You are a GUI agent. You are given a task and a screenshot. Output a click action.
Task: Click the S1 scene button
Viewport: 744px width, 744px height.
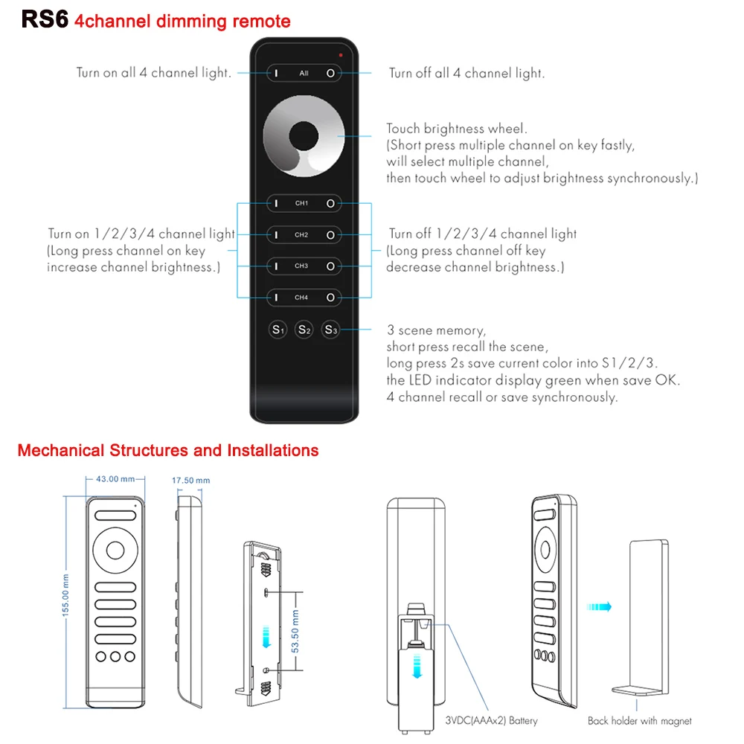pyautogui.click(x=278, y=330)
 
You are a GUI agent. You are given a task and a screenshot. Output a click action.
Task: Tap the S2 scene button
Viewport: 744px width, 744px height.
pyautogui.click(x=304, y=330)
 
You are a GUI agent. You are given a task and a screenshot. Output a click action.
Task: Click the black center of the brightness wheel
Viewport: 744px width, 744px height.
pyautogui.click(x=303, y=136)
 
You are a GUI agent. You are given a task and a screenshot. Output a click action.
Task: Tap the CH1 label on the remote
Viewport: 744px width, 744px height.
pyautogui.click(x=301, y=203)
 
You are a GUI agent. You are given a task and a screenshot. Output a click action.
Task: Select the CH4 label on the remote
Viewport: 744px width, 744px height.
pyautogui.click(x=301, y=298)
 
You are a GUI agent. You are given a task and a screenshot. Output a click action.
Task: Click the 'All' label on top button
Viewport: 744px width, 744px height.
pyautogui.click(x=304, y=74)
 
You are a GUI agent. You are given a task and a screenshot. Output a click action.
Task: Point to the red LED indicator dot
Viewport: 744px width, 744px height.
pyautogui.click(x=341, y=54)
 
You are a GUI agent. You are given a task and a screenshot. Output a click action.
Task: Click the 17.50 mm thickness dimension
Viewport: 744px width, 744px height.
pyautogui.click(x=190, y=481)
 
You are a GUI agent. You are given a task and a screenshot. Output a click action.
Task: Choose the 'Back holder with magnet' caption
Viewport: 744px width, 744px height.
pyautogui.click(x=639, y=720)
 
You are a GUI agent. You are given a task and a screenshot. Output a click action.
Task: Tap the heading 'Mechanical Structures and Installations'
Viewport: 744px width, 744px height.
pyautogui.click(x=168, y=450)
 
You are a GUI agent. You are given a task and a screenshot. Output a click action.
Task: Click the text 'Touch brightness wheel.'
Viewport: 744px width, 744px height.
pyautogui.click(x=456, y=129)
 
